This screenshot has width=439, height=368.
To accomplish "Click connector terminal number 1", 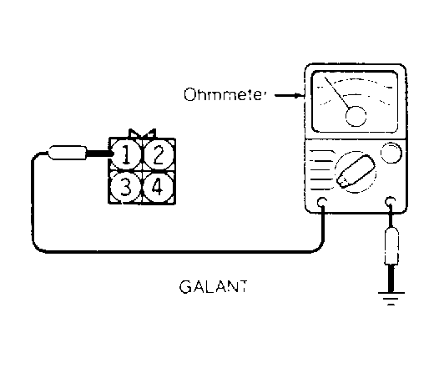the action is pos(126,154).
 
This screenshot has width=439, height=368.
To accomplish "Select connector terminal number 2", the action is pos(159,154).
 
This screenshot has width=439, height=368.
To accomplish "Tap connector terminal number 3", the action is pos(125,187).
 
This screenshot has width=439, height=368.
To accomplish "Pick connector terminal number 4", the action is pos(158,187).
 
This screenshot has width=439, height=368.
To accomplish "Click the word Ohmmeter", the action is pos(225,94).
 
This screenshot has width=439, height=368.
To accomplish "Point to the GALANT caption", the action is pos(213,286).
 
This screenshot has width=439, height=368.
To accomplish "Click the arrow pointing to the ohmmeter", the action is pos(290,96).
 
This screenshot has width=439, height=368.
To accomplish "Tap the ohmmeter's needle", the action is pos(337,93).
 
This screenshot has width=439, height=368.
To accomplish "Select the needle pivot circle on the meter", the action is pos(356,116).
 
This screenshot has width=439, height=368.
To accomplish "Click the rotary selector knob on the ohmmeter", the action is pos(356,172).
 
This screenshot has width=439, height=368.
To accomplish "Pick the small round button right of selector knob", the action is pos(391,153).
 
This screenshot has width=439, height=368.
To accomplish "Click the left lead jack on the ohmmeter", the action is pos(322,202).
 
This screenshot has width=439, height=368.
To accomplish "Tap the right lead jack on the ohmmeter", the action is pos(391,201).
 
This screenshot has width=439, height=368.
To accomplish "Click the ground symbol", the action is pos(391,298).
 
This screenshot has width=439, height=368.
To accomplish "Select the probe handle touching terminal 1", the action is pos(68,153).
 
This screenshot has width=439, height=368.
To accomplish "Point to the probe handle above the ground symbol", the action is pos(391,245).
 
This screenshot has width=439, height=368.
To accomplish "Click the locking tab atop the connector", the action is pos(142,134).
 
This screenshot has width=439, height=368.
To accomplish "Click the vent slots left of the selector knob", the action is pos(320,170).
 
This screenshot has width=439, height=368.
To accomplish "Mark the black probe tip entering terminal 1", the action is pos(100,154).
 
